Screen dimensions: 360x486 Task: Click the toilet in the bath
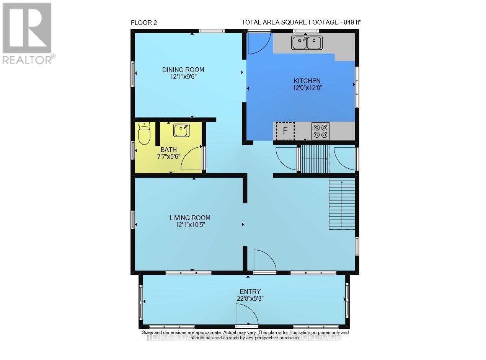pyautogui.click(x=144, y=134)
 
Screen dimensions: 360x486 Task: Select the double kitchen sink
pyautogui.click(x=307, y=42)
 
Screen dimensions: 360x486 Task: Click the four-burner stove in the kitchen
pyautogui.click(x=320, y=131)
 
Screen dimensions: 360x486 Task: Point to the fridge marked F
pyautogui.click(x=285, y=131)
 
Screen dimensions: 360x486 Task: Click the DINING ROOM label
pyautogui.click(x=183, y=70)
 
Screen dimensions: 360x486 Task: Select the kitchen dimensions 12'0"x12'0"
pyautogui.click(x=307, y=88)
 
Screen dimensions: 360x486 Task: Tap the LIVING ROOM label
pyautogui.click(x=190, y=218)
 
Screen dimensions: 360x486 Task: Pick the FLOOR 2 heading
pyautogui.click(x=144, y=23)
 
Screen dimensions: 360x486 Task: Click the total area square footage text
pyautogui.click(x=301, y=22)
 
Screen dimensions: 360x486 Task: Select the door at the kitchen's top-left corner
pyautogui.click(x=259, y=43)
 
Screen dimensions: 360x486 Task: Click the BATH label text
pyautogui.click(x=169, y=150)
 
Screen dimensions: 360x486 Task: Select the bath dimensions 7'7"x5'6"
pyautogui.click(x=169, y=156)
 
